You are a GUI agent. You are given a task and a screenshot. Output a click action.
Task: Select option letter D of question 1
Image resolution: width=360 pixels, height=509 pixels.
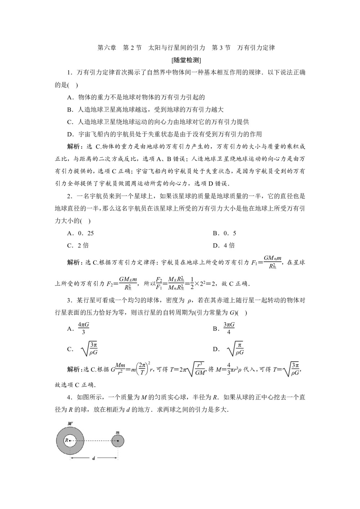coord(70,134)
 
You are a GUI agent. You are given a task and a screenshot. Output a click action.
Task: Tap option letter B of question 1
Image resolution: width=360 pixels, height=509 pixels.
coord(70,109)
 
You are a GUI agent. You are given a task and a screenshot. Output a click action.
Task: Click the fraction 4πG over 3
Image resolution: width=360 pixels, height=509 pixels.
coord(84,328)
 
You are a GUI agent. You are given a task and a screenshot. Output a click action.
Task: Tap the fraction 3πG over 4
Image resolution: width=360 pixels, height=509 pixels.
coord(229,328)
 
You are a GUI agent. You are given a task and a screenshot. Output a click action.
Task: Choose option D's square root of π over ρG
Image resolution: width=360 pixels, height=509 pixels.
coord(236,349)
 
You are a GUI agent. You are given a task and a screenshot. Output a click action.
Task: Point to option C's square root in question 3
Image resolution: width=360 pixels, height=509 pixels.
coord(90,349)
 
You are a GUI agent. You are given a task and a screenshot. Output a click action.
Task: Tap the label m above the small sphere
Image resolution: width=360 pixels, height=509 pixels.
coord(117,432)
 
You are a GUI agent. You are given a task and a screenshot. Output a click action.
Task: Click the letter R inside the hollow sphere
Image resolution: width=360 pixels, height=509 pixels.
coord(66,440)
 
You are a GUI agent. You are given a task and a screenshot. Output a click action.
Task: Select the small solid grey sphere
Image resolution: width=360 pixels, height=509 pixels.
coord(118,441)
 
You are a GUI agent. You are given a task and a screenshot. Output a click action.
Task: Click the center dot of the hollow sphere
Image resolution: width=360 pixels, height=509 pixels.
coord(70,440)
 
